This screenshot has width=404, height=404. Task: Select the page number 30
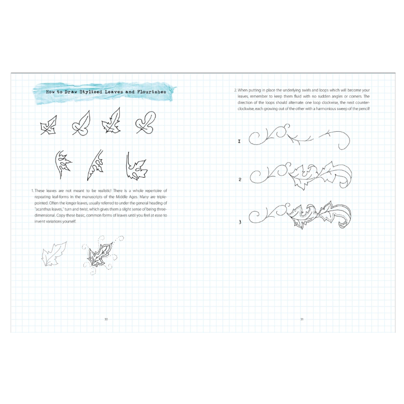(106, 319)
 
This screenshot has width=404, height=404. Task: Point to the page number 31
(301, 319)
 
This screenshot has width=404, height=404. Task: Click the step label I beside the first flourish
(239, 141)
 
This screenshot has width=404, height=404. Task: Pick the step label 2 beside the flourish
(240, 179)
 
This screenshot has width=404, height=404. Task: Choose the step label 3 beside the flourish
(240, 222)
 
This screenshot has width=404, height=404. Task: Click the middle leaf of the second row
(94, 165)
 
